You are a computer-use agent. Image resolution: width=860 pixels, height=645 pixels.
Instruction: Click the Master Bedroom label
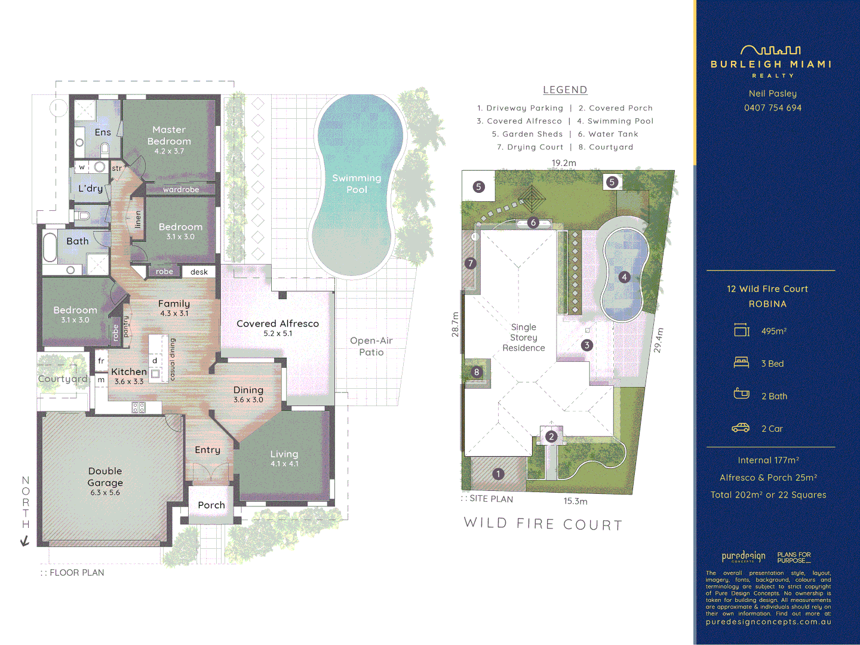[169, 136]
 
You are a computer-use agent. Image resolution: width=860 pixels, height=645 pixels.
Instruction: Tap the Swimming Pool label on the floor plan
[357, 183]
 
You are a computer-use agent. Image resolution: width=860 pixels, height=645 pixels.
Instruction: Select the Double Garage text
[105, 477]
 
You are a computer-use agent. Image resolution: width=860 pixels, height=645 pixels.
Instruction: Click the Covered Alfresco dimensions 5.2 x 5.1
[278, 334]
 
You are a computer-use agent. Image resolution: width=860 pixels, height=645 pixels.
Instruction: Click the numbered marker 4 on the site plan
[624, 277]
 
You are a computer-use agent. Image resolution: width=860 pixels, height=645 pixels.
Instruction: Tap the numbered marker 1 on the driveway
[498, 474]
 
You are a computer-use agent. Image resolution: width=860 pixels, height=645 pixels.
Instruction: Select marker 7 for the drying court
[471, 263]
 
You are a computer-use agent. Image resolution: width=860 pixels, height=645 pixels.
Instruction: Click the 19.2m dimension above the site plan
[564, 163]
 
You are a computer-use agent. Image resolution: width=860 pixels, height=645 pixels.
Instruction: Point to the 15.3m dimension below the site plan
[575, 501]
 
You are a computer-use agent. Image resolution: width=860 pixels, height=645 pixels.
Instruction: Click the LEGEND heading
[565, 90]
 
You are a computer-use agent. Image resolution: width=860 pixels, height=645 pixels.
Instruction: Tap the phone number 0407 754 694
[773, 108]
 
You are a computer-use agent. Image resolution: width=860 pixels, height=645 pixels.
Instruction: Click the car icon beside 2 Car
[741, 428]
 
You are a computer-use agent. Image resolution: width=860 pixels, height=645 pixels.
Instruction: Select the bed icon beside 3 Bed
[741, 363]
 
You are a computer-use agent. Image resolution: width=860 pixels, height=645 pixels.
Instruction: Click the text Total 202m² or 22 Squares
[768, 495]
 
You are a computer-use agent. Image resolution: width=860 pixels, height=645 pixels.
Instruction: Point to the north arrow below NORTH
[25, 541]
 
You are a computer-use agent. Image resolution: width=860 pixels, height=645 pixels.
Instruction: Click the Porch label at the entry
[211, 505]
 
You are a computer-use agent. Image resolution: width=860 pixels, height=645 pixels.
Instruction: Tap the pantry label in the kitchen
[126, 327]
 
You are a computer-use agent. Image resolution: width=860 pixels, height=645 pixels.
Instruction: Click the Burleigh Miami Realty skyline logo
[770, 51]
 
